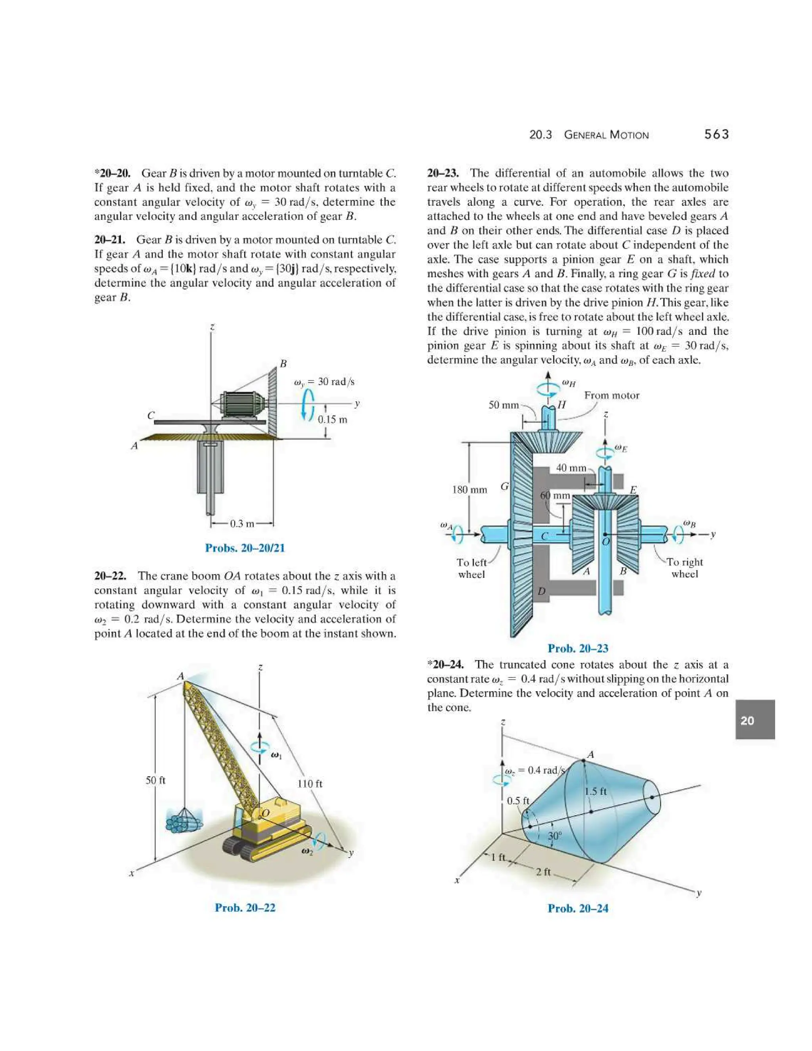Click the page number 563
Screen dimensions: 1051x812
tap(716, 135)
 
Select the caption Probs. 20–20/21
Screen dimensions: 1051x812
tap(245, 548)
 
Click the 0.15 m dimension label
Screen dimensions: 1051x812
tap(332, 419)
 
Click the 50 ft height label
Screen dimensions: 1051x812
tap(155, 780)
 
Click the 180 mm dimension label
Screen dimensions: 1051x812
tap(469, 490)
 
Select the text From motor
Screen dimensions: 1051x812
tap(611, 395)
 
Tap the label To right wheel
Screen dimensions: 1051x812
tap(684, 568)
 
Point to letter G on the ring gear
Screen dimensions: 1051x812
tap(505, 487)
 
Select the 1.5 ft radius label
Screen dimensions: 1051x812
tap(596, 792)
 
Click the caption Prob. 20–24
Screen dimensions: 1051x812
tap(578, 909)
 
